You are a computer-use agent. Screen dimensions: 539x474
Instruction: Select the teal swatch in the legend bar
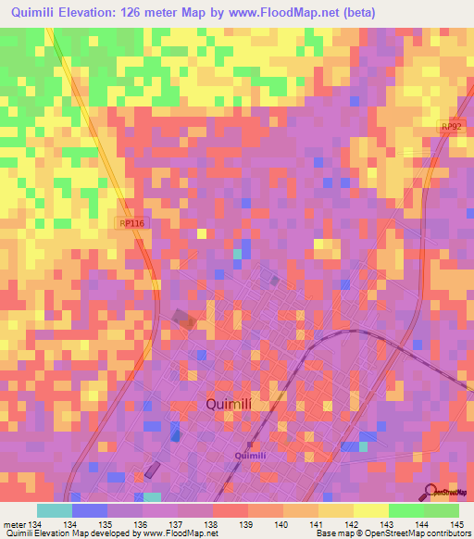[55, 510]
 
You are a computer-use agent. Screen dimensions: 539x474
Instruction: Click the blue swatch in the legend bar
[90, 510]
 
